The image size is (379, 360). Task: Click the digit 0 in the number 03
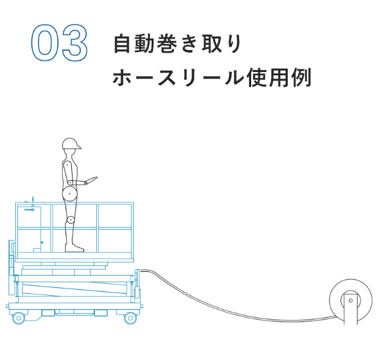[45, 42]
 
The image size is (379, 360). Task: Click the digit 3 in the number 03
[75, 42]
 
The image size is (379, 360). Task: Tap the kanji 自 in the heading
[122, 44]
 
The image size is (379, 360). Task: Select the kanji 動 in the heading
[145, 44]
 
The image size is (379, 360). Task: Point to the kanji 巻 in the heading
[166, 44]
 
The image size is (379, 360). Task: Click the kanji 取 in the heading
[212, 44]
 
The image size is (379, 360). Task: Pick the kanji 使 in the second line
[257, 77]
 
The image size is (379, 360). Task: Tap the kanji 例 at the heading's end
[301, 77]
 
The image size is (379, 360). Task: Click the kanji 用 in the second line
[279, 77]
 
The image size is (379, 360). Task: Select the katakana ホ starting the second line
[122, 77]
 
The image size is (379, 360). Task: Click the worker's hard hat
[71, 144]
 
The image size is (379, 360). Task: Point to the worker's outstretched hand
[92, 180]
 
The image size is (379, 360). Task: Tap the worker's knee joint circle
[71, 220]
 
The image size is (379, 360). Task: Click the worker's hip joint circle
[70, 194]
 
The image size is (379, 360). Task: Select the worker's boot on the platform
[75, 248]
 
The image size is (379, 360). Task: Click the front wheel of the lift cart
[130, 318]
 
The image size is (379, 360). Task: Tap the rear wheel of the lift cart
[19, 318]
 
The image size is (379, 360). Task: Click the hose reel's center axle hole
[351, 301]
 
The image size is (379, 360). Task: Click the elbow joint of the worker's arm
[70, 183]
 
